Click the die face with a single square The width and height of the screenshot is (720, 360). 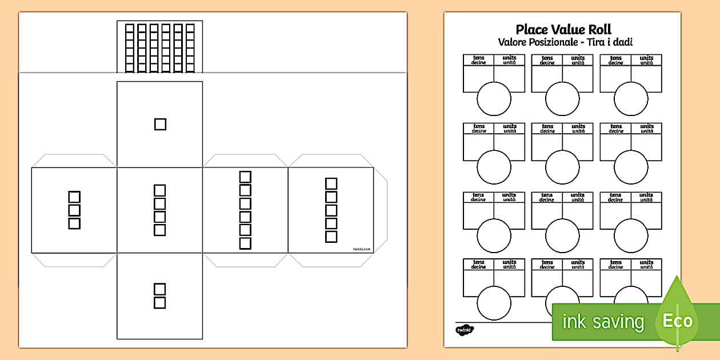click(160, 124)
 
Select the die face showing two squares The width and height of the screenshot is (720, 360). click(160, 295)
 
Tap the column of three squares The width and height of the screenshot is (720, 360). click(74, 210)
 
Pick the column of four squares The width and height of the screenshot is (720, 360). click(160, 210)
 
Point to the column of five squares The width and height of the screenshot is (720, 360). click(331, 210)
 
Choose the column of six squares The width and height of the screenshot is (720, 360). click(245, 210)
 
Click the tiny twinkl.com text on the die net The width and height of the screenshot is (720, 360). click(362, 249)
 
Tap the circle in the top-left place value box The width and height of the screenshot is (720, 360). click(494, 98)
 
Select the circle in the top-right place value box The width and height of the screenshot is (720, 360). click(631, 98)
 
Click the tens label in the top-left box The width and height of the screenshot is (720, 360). click(479, 58)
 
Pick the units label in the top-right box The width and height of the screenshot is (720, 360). click(646, 58)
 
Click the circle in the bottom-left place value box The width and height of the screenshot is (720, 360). click(494, 303)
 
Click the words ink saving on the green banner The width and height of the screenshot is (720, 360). click(603, 322)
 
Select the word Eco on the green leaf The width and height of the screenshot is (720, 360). click(677, 321)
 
